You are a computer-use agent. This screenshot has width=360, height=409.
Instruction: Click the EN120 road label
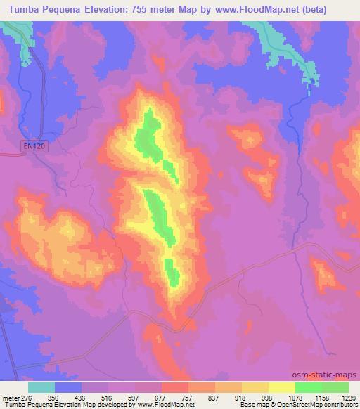pos(31,145)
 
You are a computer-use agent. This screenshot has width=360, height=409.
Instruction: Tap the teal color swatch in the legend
pos(41,387)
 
